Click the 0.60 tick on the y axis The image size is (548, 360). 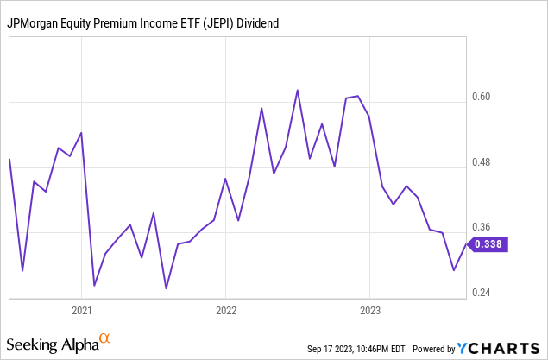491,97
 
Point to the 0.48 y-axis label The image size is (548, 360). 491,162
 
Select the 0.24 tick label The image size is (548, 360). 491,293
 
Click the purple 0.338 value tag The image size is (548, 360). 489,244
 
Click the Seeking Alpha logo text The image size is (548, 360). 54,344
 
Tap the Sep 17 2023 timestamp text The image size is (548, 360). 356,349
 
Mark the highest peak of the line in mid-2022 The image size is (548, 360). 297,90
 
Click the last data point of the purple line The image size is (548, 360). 466,244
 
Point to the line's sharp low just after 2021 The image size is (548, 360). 93,285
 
